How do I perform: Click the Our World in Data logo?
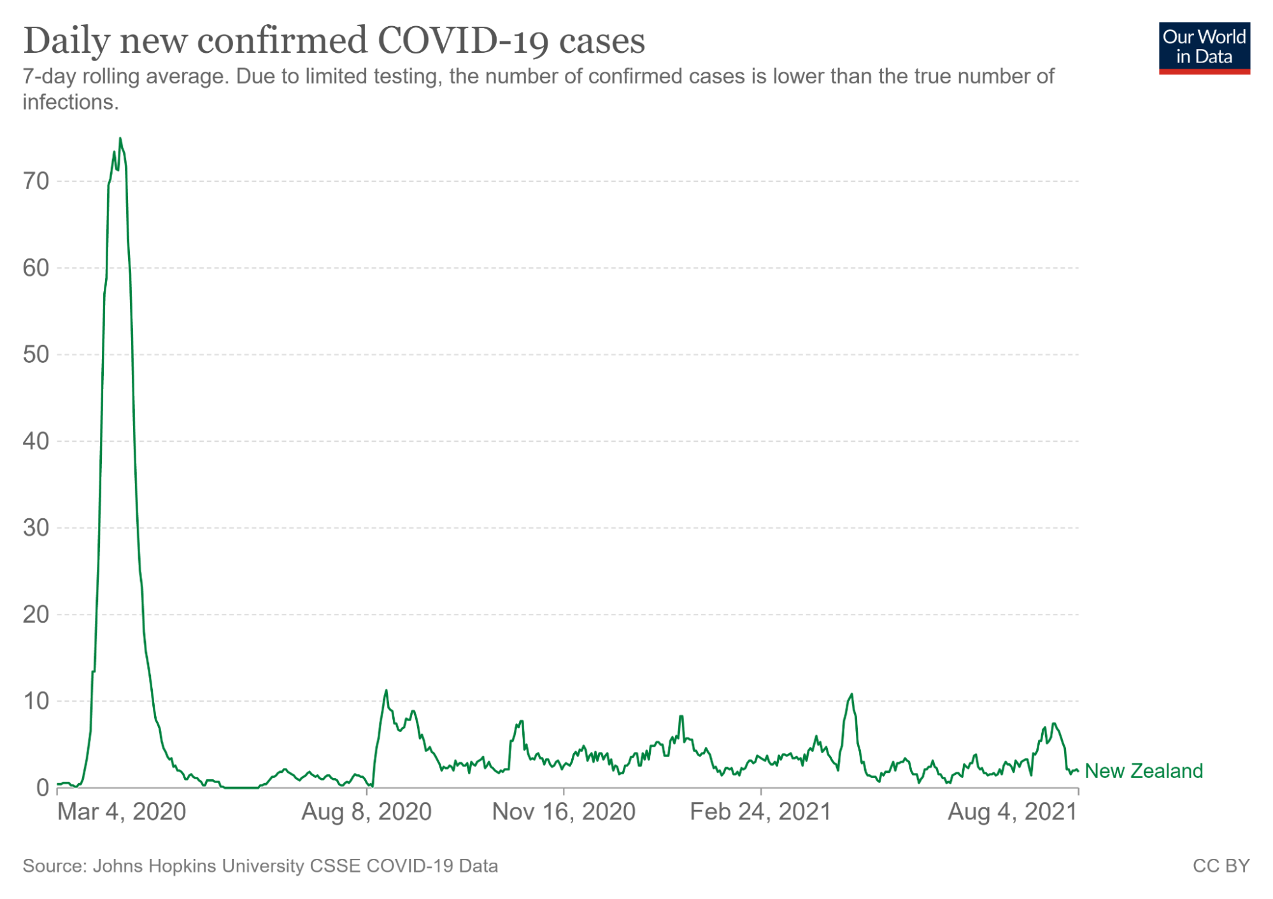pyautogui.click(x=1204, y=48)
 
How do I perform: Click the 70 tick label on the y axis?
pyautogui.click(x=36, y=181)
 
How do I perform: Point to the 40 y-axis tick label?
pyautogui.click(x=36, y=441)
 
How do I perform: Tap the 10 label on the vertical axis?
pyautogui.click(x=36, y=701)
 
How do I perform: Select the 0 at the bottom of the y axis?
pyautogui.click(x=42, y=788)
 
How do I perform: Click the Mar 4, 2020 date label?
pyautogui.click(x=122, y=812)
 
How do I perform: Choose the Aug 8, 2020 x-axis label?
pyautogui.click(x=366, y=812)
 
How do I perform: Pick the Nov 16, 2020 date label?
pyautogui.click(x=564, y=812)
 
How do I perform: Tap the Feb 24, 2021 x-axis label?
pyautogui.click(x=760, y=812)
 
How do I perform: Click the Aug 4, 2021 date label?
pyautogui.click(x=1012, y=812)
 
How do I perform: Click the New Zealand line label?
pyautogui.click(x=1143, y=771)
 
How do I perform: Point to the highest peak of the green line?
pyautogui.click(x=120, y=138)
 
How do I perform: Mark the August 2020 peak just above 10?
pyautogui.click(x=386, y=691)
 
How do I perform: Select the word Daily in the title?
pyautogui.click(x=66, y=41)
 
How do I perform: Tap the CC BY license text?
pyautogui.click(x=1220, y=866)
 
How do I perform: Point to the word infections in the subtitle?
pyautogui.click(x=70, y=102)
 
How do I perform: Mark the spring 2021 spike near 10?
pyautogui.click(x=851, y=695)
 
